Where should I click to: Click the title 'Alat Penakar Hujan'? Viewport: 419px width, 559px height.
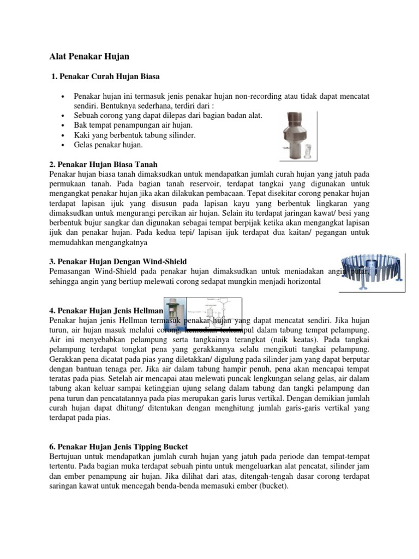click(90, 56)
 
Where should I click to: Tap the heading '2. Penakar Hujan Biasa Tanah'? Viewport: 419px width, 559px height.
click(103, 164)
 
